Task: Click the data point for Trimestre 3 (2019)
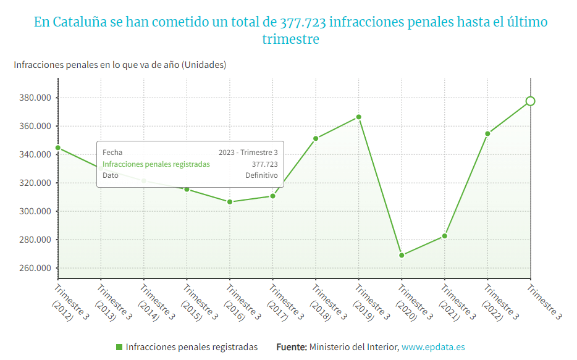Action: click(x=358, y=117)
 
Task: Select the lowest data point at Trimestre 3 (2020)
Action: click(x=402, y=255)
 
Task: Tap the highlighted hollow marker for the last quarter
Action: click(x=530, y=101)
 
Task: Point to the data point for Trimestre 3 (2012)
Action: click(x=58, y=148)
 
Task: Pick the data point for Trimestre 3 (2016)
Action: click(x=230, y=202)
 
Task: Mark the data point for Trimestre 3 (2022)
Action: click(x=487, y=133)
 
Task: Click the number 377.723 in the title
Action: click(x=303, y=23)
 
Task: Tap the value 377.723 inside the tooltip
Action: click(x=264, y=164)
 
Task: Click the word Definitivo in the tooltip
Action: click(x=261, y=175)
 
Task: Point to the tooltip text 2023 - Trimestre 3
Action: click(x=248, y=153)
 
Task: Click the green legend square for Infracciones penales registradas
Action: click(x=119, y=347)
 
